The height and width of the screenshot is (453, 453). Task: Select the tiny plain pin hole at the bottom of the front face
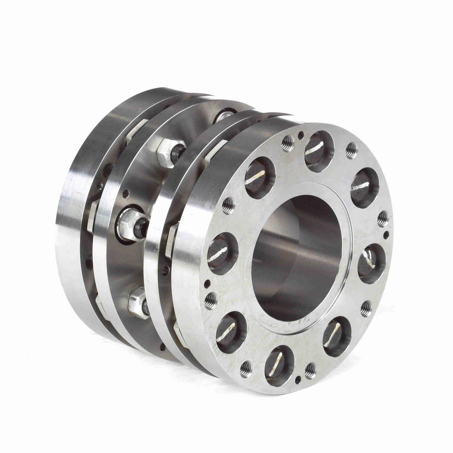(299, 378)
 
